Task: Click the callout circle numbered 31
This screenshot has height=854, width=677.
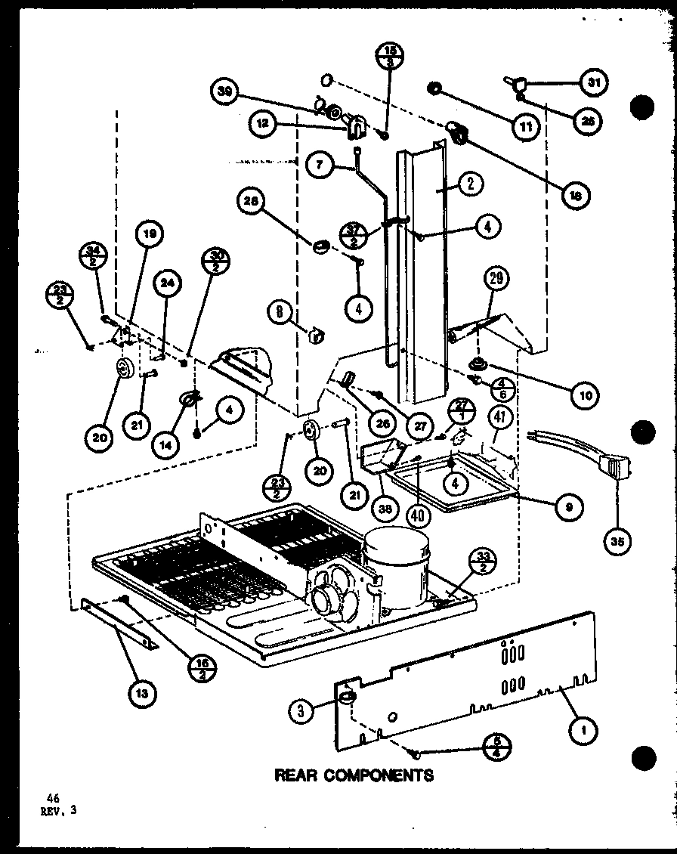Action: pos(593,84)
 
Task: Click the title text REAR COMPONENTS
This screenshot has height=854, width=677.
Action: pos(354,775)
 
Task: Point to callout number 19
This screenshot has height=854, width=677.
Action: pos(150,235)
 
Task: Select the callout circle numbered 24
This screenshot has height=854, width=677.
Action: pos(168,284)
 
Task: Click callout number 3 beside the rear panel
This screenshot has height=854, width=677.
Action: pos(301,709)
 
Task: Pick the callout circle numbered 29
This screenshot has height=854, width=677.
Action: pos(496,279)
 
